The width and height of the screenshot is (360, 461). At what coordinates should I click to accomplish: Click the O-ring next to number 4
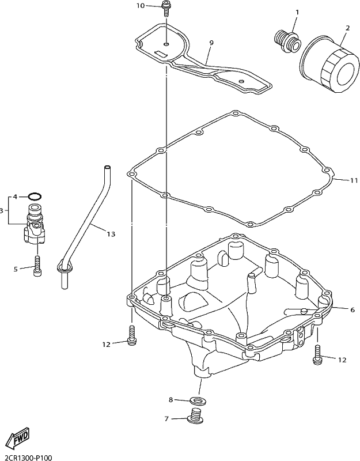tap(35, 196)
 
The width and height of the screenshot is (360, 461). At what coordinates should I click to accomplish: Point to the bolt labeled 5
tap(37, 266)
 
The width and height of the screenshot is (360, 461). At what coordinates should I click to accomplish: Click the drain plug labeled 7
tap(194, 417)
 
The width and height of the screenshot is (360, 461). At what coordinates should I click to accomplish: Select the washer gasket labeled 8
tap(198, 400)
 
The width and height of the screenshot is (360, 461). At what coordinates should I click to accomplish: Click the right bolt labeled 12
tap(317, 354)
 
